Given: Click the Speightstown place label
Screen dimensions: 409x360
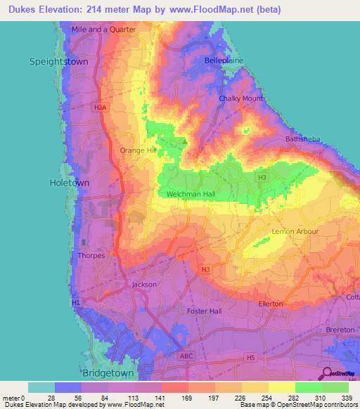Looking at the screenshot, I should (x=58, y=61).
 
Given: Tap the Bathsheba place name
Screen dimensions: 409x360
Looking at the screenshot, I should (x=303, y=139).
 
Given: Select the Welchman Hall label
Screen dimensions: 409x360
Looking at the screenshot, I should (x=191, y=194).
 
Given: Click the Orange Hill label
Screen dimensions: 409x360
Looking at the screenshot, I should (x=137, y=150).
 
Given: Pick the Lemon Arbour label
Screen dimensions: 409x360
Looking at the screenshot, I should (x=295, y=231).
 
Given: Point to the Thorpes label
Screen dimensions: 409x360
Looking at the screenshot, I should (x=91, y=255).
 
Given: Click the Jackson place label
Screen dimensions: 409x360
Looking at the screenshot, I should (x=144, y=285).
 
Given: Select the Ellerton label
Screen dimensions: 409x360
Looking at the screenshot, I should (x=270, y=304).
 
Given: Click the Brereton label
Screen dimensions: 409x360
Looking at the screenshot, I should (x=341, y=329).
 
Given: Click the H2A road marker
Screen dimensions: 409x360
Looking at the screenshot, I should (x=101, y=108).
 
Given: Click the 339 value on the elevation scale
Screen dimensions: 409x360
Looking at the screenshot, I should (x=347, y=399).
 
